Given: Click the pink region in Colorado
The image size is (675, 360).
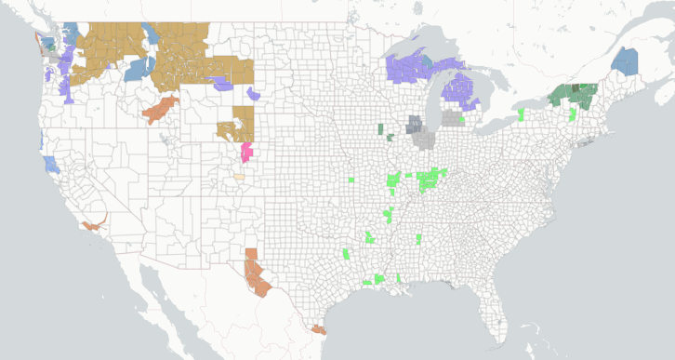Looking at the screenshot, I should [x=246, y=152].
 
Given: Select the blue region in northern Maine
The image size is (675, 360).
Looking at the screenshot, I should [x=626, y=62].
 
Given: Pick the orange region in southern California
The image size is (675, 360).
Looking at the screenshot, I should [x=93, y=224].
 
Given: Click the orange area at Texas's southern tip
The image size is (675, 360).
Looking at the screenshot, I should [x=319, y=328].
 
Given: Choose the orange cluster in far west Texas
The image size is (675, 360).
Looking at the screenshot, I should [x=257, y=274].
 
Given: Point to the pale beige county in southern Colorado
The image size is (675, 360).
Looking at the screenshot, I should [x=239, y=175].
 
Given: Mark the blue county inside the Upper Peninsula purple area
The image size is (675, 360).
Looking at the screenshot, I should [x=426, y=62].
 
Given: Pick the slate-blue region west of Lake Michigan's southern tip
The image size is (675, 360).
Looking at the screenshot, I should [x=415, y=124].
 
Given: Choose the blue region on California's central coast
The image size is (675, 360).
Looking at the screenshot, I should [x=50, y=165].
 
